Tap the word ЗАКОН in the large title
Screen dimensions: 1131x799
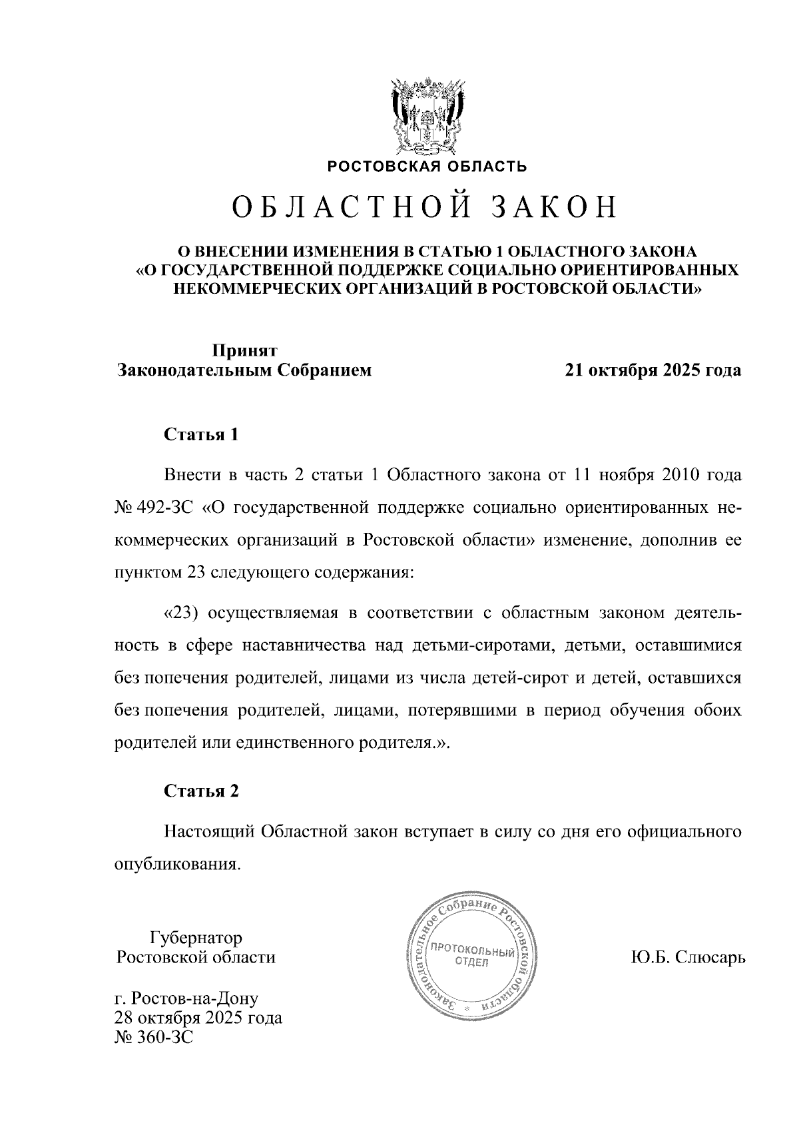pyautogui.click(x=554, y=208)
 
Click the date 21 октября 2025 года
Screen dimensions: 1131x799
pyautogui.click(x=653, y=370)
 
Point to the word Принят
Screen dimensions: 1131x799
pyautogui.click(x=244, y=350)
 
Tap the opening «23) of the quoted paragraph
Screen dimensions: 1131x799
pyautogui.click(x=182, y=613)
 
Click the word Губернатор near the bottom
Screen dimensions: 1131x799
pyautogui.click(x=196, y=938)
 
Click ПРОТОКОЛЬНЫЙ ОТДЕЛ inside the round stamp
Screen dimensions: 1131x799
pyautogui.click(x=472, y=956)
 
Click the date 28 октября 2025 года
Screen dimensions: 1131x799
pyautogui.click(x=198, y=1018)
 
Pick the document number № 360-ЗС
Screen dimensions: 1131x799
pyautogui.click(x=154, y=1037)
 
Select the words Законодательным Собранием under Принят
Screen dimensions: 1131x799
pyautogui.click(x=244, y=370)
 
